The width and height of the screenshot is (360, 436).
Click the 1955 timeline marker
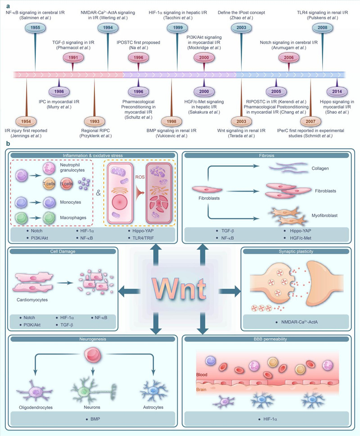(35, 27)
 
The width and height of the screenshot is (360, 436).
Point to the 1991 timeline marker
(72, 57)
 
